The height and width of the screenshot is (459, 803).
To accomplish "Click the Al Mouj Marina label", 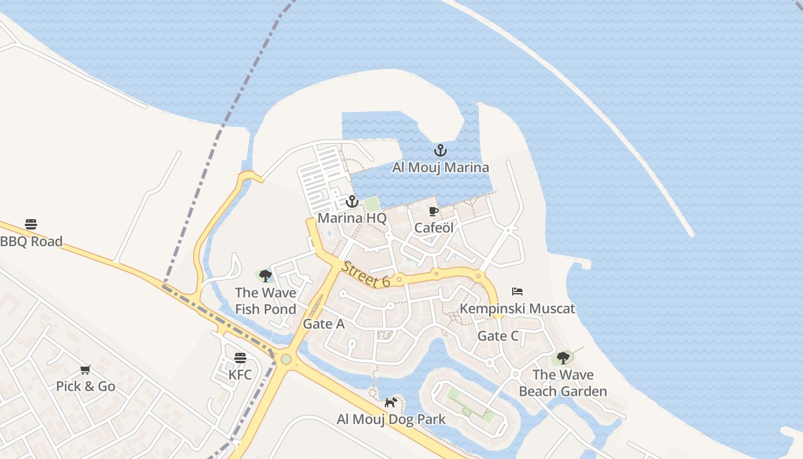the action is pos(441,168).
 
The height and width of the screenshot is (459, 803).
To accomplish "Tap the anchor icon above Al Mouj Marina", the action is pos(440,151).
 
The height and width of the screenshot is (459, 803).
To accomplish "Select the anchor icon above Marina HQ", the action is pos(352,201).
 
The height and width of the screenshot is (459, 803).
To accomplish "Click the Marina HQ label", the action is pos(352,218).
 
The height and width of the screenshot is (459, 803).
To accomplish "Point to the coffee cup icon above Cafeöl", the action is pos(434,211).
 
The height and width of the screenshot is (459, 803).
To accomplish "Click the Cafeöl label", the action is pos(434,228).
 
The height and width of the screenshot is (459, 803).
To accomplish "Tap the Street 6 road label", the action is pos(366,274).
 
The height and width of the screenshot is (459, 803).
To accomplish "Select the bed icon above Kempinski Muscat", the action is pos(517,291).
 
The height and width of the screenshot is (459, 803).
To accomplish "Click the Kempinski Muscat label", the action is pos(517,309).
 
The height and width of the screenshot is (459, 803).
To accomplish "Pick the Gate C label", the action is pos(498,336).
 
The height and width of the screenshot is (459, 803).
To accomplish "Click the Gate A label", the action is pos(323,324).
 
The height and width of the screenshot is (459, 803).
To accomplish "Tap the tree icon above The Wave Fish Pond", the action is pos(265,276).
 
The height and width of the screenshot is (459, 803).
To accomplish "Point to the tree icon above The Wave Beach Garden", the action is pos(563,358).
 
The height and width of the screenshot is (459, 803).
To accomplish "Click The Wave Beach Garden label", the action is pos(563,383).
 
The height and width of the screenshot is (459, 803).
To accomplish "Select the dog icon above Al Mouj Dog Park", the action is pos(391,402).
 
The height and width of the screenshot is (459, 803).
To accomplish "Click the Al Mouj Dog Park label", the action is pos(391,419).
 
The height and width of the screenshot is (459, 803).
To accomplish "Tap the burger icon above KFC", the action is pos(240,358).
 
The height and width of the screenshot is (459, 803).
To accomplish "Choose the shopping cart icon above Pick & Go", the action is pos(85,369).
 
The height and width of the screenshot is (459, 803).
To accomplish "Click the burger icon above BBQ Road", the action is pos(31,224).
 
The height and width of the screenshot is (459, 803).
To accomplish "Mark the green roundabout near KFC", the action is pos(286,360).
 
